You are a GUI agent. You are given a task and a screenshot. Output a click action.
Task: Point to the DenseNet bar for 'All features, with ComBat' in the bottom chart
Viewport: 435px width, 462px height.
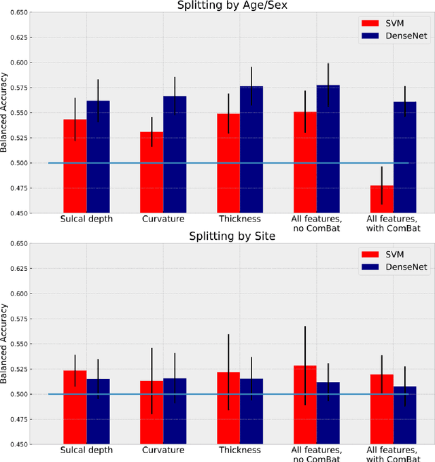[405, 415]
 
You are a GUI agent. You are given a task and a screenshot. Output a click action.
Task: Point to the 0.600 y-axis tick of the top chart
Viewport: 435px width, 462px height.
[18, 63]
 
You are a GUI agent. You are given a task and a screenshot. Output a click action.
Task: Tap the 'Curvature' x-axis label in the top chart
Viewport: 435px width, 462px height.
[163, 219]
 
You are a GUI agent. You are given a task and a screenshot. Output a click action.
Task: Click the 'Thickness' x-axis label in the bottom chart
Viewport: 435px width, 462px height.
[240, 450]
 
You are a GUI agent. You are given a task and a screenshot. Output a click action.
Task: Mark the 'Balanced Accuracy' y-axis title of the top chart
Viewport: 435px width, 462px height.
[5, 113]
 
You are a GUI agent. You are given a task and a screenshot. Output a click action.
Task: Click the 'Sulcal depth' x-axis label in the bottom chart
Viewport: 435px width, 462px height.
[86, 450]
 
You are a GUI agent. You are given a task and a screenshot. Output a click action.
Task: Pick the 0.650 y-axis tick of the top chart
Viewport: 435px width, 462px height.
[18, 12]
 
